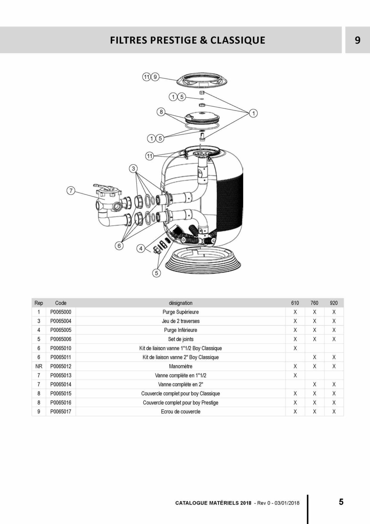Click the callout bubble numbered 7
click(x=71, y=191)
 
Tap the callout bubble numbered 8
click(x=161, y=112)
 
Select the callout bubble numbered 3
click(x=133, y=168)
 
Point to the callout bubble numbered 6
click(x=119, y=246)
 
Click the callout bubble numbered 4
click(x=141, y=248)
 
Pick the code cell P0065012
click(x=61, y=366)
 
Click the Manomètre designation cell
click(x=181, y=366)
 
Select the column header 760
click(x=314, y=303)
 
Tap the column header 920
click(x=334, y=303)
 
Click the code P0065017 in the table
click(x=61, y=412)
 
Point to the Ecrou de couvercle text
click(x=181, y=412)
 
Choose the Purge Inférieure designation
click(x=181, y=330)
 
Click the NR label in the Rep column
click(x=39, y=366)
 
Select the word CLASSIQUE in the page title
click(x=238, y=40)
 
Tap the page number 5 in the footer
click(x=341, y=502)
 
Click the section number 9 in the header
click(x=358, y=40)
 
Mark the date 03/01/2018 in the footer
click(x=287, y=503)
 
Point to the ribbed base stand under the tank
click(x=203, y=260)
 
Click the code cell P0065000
click(x=61, y=312)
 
